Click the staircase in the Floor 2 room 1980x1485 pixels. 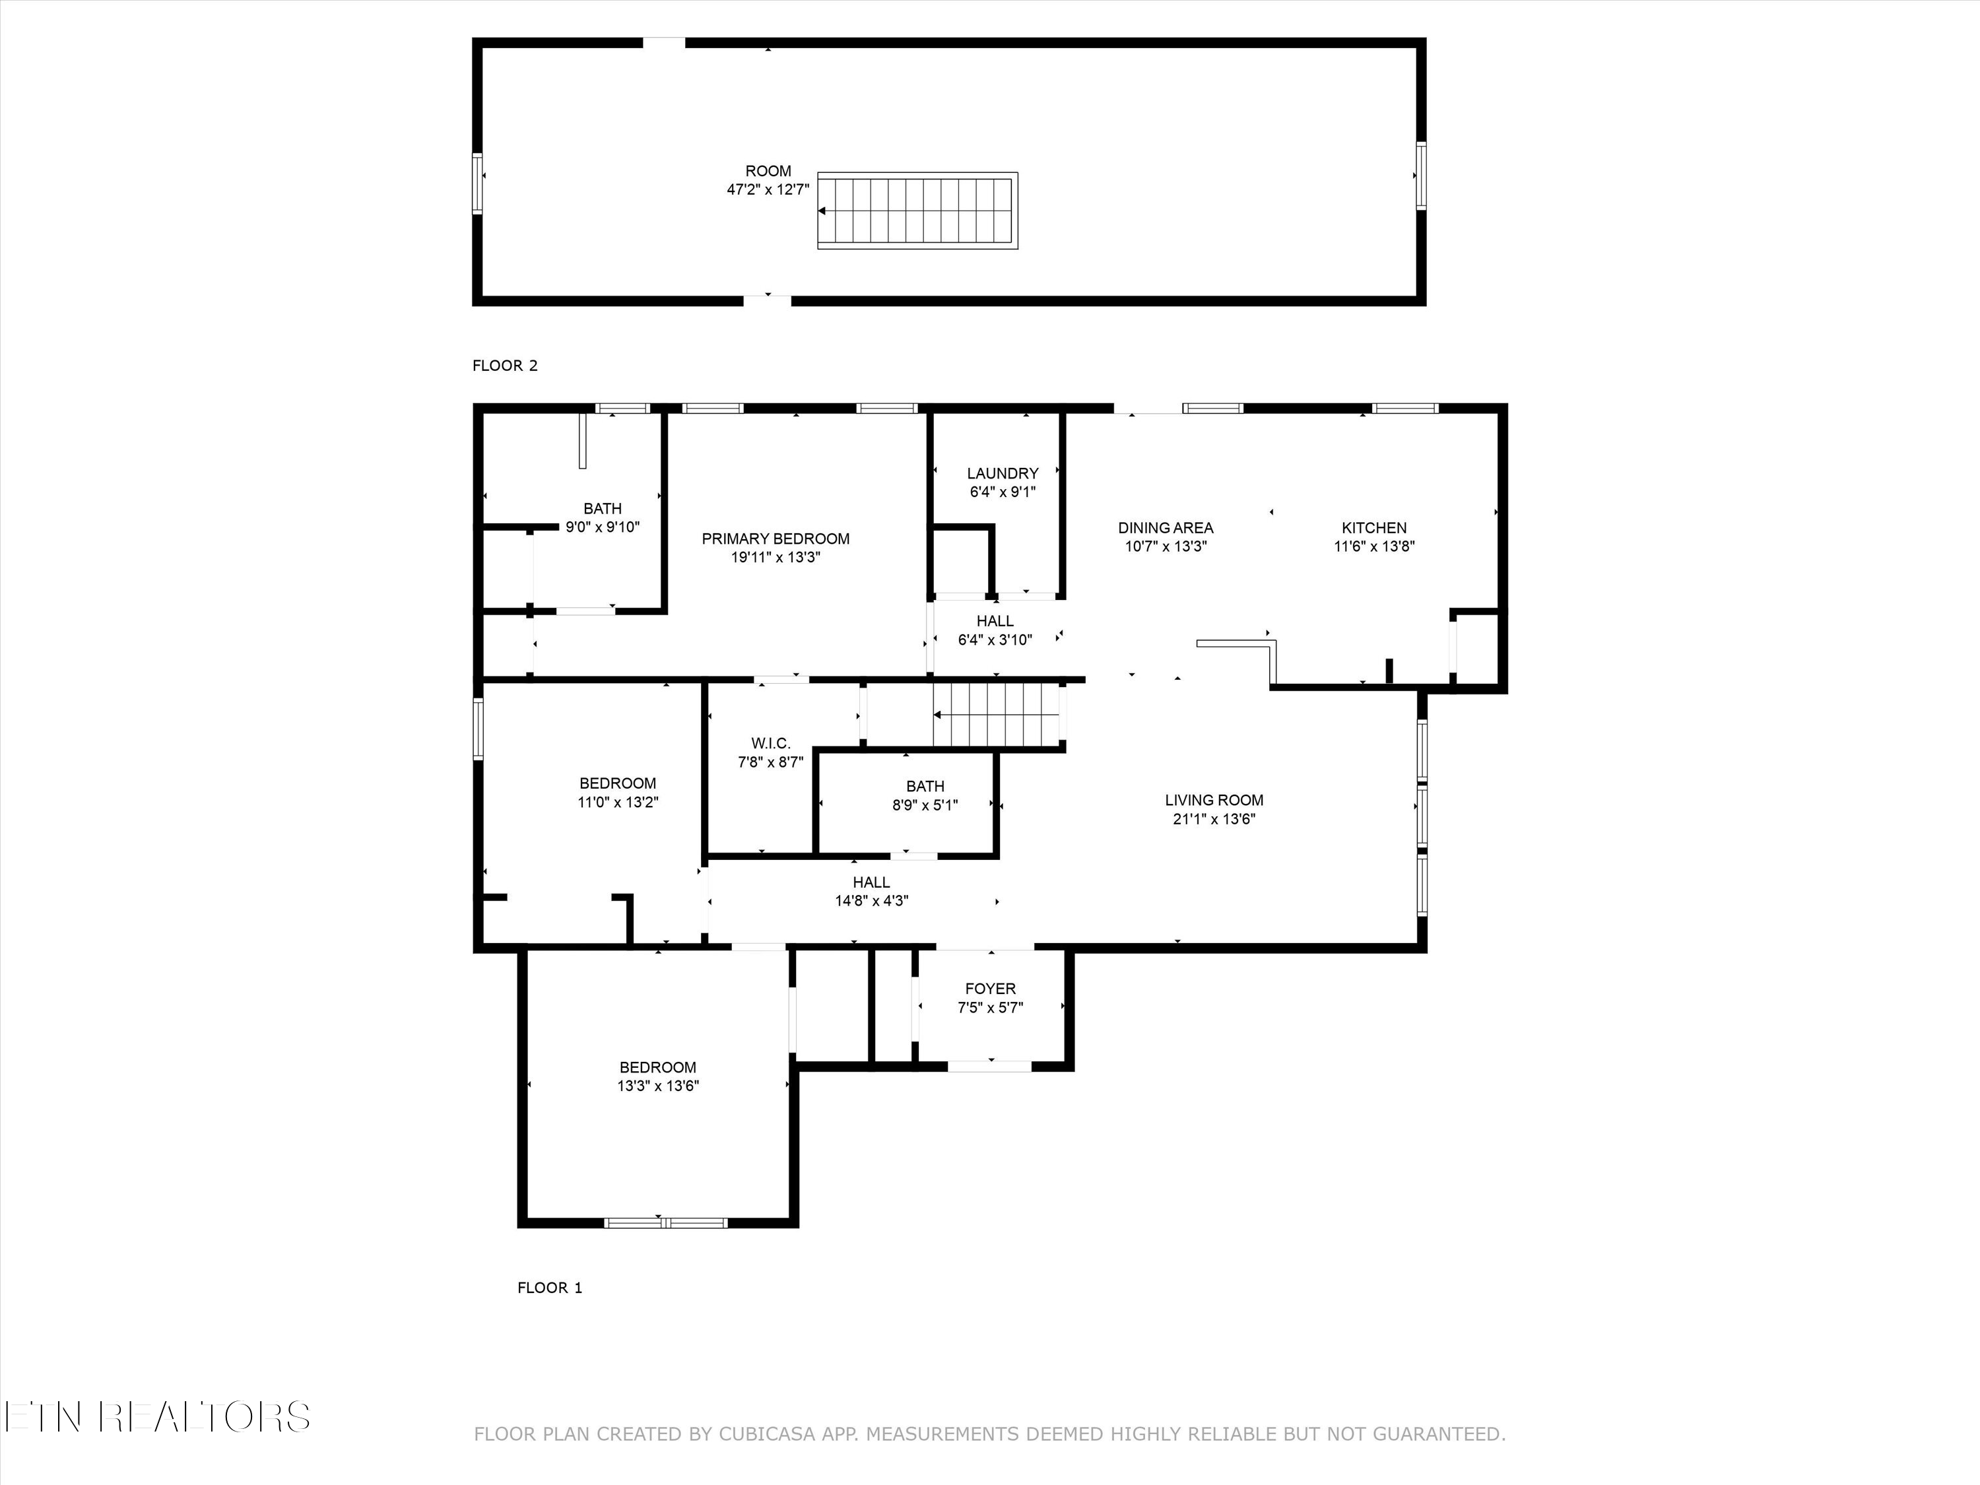pos(917,211)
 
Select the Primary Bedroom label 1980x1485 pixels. pos(775,539)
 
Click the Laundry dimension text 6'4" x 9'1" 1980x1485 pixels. pos(1003,492)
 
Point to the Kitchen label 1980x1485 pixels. pos(1374,528)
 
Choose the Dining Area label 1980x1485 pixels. pos(1166,528)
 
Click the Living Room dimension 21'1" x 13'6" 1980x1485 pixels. pos(1214,819)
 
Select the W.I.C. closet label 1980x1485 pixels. pos(771,743)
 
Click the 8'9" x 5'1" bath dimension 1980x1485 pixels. pos(925,805)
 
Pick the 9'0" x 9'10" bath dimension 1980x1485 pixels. pos(603,527)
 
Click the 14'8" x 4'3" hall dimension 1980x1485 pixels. pos(871,902)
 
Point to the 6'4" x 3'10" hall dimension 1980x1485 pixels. pos(995,640)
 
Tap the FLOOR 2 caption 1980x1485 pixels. pos(505,365)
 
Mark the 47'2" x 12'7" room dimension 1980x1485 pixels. pos(768,190)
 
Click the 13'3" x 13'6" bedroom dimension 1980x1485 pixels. pos(658,1086)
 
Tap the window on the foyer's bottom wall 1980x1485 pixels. pos(989,1066)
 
